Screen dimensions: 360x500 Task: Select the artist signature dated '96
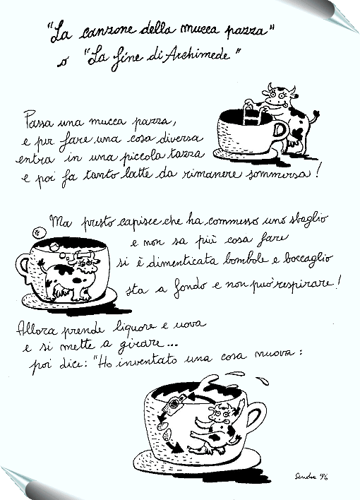311,477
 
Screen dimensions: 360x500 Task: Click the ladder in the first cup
252,112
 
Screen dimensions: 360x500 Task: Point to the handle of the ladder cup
282,131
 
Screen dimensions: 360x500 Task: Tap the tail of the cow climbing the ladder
314,116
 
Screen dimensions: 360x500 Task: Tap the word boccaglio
307,259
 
